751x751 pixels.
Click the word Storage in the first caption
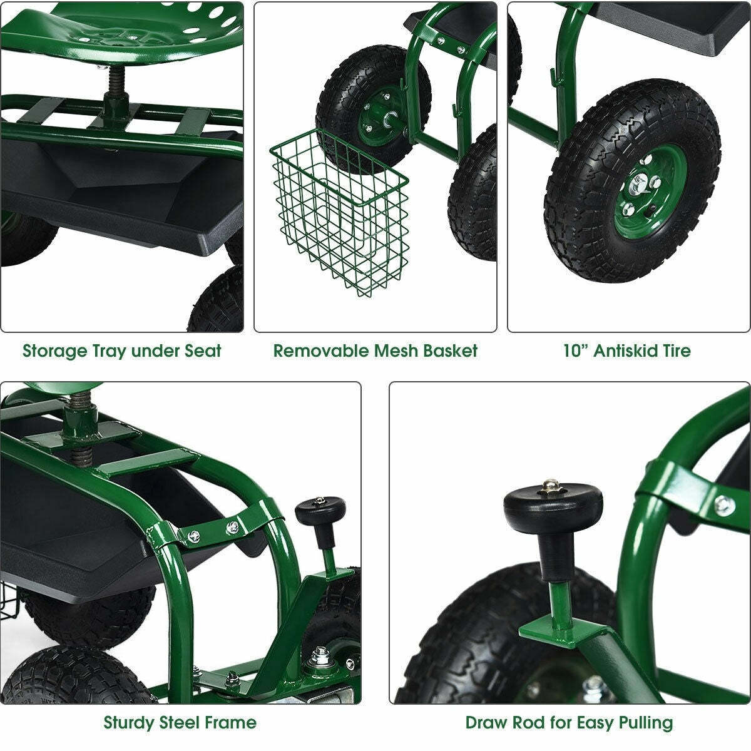[54, 350]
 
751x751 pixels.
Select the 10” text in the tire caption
[575, 350]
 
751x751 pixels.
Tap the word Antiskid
[623, 350]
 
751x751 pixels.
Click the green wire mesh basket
[341, 213]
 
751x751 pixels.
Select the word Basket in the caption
[450, 350]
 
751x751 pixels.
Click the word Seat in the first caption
[203, 350]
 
